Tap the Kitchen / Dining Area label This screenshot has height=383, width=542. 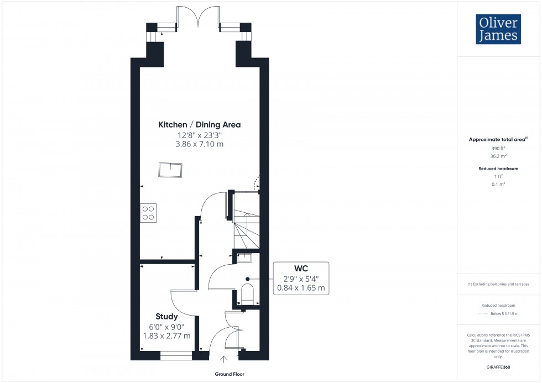click(199, 125)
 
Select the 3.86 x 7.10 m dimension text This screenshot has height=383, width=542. click(199, 144)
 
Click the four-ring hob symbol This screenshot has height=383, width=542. click(148, 213)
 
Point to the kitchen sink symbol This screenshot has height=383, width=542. click(170, 170)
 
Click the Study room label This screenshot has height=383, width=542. click(166, 317)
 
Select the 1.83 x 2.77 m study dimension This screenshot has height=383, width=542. click(166, 335)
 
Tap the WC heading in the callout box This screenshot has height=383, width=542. click(300, 269)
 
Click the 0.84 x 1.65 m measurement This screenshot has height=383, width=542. click(300, 288)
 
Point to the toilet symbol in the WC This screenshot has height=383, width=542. click(247, 295)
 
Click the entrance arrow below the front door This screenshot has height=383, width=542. click(224, 360)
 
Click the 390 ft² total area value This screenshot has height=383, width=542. click(498, 149)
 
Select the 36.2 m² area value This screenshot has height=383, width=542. click(498, 156)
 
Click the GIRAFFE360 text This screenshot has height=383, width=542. click(498, 366)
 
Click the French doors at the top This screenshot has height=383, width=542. click(197, 17)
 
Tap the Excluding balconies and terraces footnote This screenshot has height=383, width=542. click(498, 284)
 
